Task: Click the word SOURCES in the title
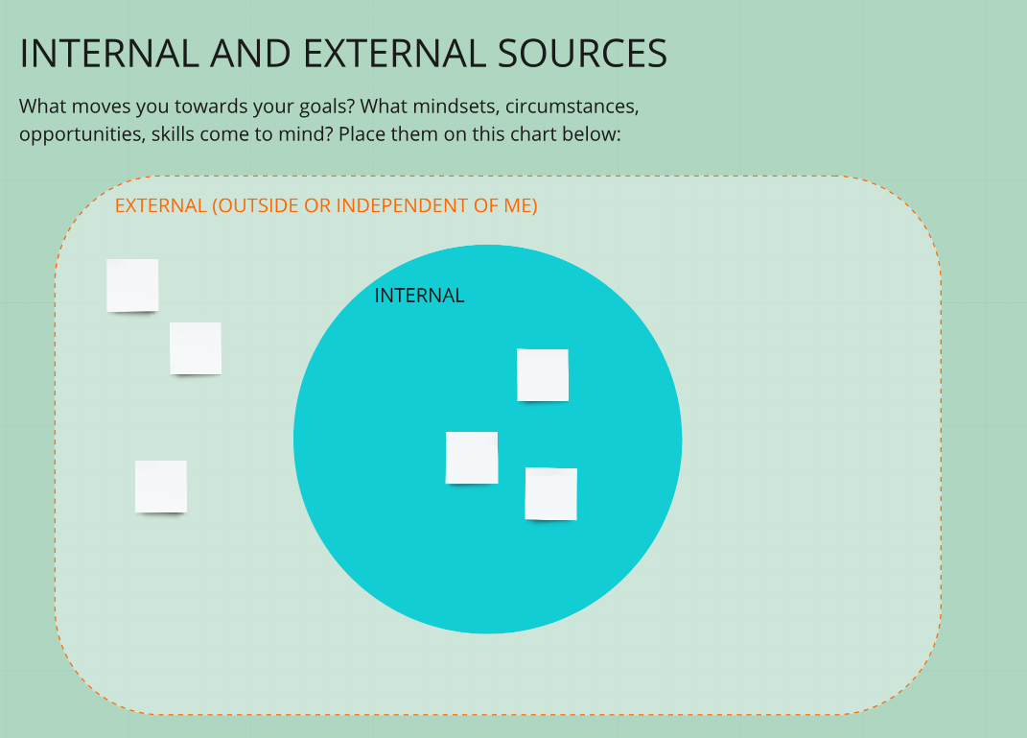click(582, 54)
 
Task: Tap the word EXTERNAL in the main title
click(394, 54)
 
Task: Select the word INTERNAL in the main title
click(109, 54)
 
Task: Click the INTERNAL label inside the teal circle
click(419, 296)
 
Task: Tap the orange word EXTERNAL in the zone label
click(161, 205)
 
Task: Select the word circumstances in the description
click(572, 107)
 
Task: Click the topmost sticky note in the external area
click(132, 285)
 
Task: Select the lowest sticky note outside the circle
click(161, 487)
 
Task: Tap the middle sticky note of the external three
click(196, 348)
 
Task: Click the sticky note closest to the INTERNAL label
click(543, 375)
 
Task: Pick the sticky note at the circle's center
click(472, 458)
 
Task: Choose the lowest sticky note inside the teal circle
click(550, 493)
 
